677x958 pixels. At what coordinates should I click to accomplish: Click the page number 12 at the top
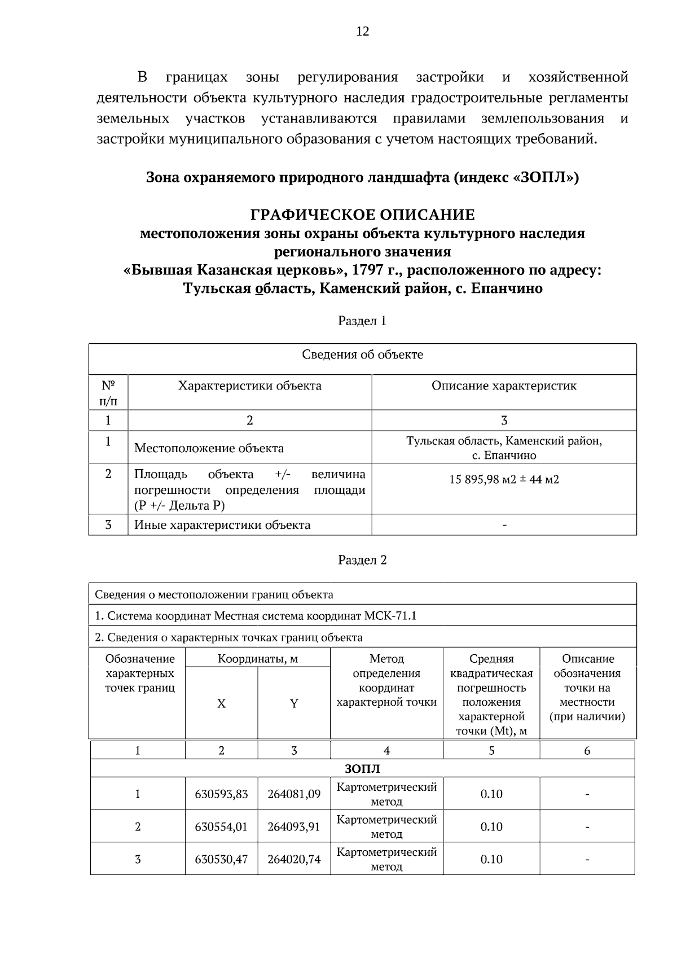click(x=362, y=32)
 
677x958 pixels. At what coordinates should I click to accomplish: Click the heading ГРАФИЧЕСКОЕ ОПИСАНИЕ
click(x=362, y=215)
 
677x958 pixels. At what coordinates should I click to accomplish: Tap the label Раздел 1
click(x=362, y=321)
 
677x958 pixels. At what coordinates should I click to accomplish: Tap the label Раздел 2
click(x=362, y=560)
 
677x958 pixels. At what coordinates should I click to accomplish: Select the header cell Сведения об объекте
click(x=362, y=355)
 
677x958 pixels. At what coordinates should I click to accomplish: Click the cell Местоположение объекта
click(x=209, y=448)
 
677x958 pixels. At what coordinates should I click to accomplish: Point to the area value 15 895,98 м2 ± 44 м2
click(x=504, y=480)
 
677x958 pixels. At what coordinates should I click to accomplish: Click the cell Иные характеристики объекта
click(x=222, y=525)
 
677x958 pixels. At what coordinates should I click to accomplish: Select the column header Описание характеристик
click(x=504, y=386)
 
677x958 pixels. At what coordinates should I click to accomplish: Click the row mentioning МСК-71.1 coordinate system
click(x=256, y=616)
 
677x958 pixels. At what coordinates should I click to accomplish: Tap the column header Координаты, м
click(x=258, y=659)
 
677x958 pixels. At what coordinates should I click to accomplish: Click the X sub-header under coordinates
click(x=221, y=704)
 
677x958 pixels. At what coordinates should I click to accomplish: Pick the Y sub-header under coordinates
click(x=294, y=704)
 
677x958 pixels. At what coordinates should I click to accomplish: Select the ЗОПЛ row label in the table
click(x=362, y=769)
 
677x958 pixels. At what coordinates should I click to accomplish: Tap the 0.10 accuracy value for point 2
click(x=491, y=827)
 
